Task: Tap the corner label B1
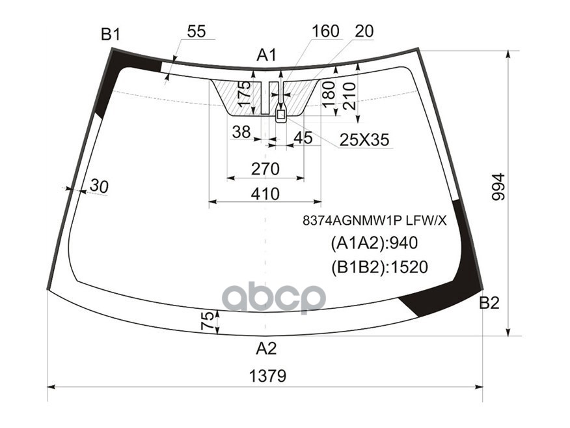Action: point(110,35)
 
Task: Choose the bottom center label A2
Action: point(265,349)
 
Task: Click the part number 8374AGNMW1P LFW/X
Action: point(374,220)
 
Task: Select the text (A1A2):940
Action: point(373,244)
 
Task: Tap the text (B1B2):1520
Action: point(379,266)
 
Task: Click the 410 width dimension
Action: point(265,193)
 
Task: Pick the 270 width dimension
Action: point(265,169)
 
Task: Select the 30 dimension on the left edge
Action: point(99,186)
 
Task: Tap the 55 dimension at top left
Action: point(196,31)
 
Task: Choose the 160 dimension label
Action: point(325,31)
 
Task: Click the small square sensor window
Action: point(281,115)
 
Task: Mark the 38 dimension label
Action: point(241,132)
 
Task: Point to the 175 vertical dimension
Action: point(245,95)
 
